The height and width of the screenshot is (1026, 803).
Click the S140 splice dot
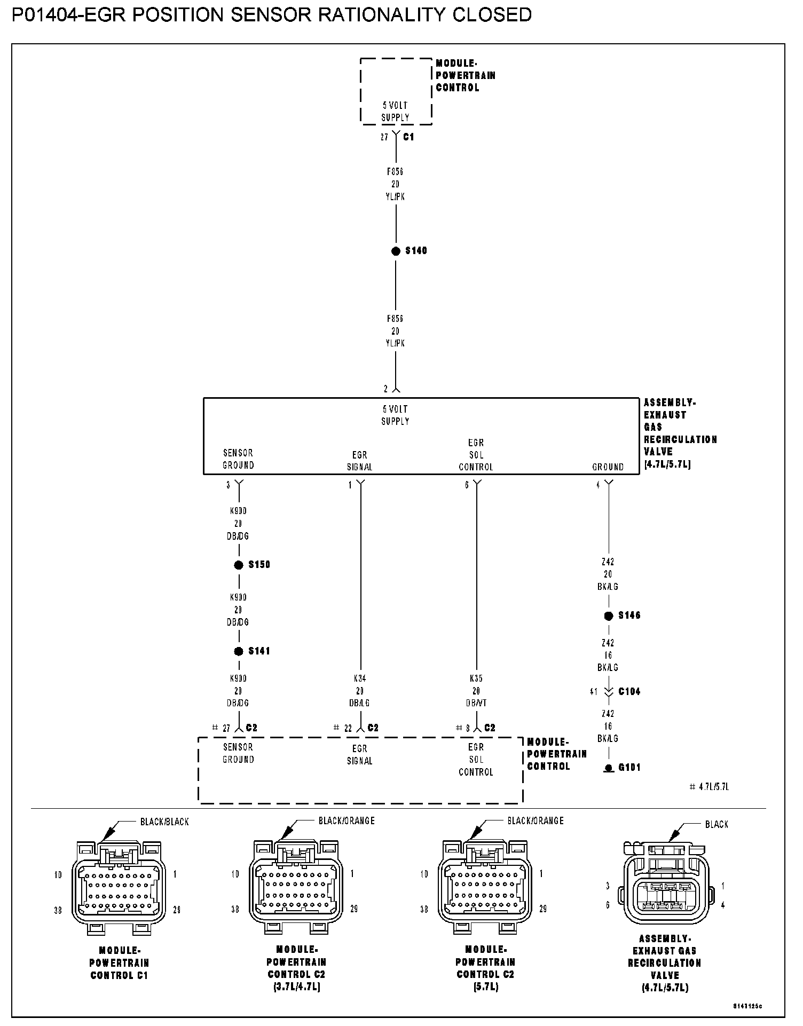(x=396, y=251)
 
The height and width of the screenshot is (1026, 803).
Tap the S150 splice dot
(x=239, y=565)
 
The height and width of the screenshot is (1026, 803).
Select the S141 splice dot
(x=239, y=651)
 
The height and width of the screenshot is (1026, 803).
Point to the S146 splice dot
(x=608, y=615)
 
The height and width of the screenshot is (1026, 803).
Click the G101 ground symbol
(x=608, y=768)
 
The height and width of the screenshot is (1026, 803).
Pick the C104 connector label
(x=629, y=691)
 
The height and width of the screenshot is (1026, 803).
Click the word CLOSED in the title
(x=492, y=15)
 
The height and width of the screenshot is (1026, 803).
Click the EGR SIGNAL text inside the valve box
(x=360, y=461)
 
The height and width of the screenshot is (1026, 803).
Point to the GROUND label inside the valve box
(x=608, y=467)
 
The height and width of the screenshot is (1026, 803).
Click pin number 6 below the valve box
(x=467, y=485)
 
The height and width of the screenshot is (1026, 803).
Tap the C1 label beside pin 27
(x=408, y=137)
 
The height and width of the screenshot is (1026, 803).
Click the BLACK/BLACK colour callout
(x=164, y=822)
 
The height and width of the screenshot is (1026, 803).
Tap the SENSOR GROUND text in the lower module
(x=238, y=753)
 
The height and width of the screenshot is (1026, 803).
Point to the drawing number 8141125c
(x=747, y=1006)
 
